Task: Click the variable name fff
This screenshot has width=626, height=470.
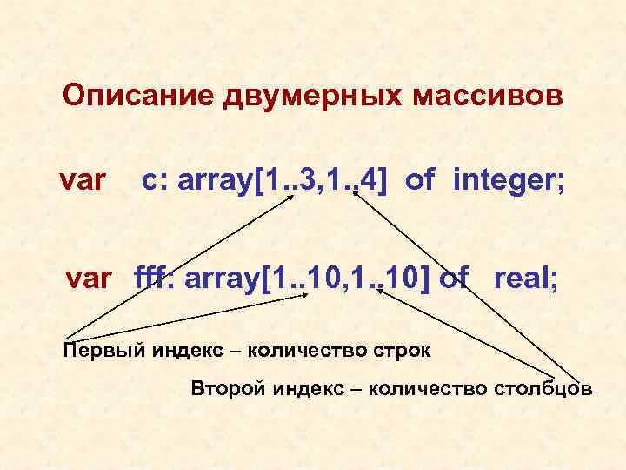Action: pos(153,279)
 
